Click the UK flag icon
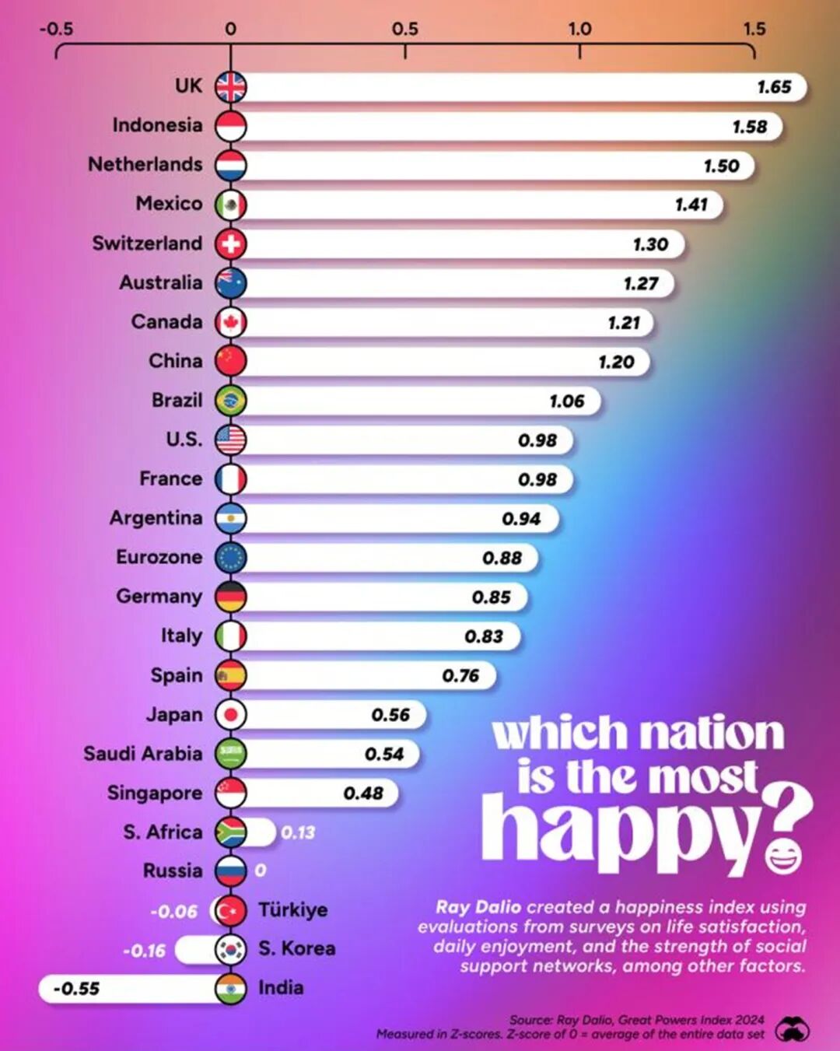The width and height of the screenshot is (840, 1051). coord(230,86)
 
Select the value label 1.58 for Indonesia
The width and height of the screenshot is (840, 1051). coord(750,126)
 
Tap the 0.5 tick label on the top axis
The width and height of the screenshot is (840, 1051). coord(404,29)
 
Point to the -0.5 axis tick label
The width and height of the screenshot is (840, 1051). coord(56,29)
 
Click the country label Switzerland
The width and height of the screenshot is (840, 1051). coord(147,243)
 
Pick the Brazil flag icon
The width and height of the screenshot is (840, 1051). coord(230,401)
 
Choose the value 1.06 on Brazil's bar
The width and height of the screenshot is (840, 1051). coord(566,401)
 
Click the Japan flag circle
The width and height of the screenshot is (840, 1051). coord(230,714)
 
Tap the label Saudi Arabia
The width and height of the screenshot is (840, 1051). coord(142,754)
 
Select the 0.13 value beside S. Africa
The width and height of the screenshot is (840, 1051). coord(298,832)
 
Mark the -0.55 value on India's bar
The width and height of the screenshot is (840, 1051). coord(76,989)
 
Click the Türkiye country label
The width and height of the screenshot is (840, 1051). coord(292,909)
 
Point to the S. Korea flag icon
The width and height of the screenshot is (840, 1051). coord(230,949)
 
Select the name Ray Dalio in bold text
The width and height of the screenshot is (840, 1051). coord(478,907)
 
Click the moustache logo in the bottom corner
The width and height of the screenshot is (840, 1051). coord(792,1029)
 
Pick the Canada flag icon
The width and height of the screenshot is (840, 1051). coord(230,322)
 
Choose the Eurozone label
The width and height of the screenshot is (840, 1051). coord(159,557)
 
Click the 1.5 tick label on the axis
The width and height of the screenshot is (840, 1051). coord(754,29)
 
